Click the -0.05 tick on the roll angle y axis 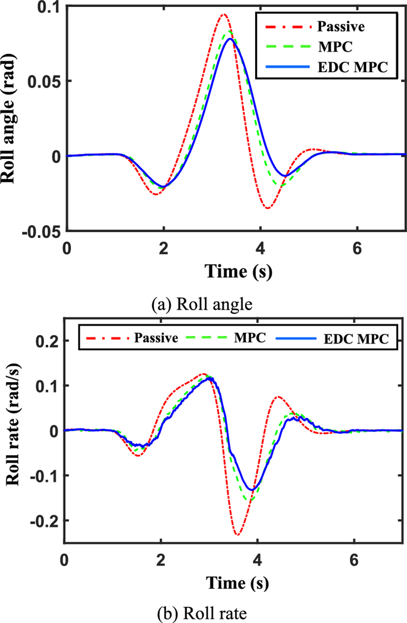click(x=44, y=231)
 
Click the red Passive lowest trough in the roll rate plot click(x=237, y=534)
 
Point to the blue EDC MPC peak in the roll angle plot click(x=231, y=39)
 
